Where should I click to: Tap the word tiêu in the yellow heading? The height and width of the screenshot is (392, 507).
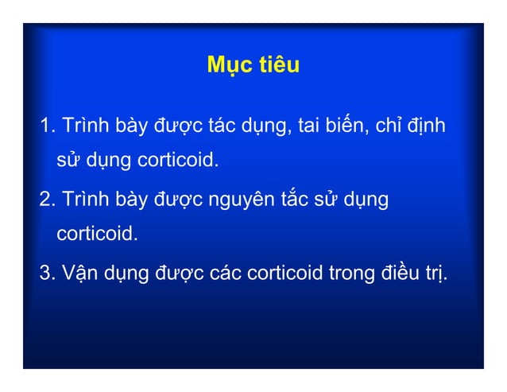coord(277,65)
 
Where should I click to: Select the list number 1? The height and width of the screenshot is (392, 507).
coord(46,126)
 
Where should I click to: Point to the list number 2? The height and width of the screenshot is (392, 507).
coord(46,199)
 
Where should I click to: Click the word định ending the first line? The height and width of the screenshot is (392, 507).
coord(430,127)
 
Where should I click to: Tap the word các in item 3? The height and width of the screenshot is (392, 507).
coord(226,274)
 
